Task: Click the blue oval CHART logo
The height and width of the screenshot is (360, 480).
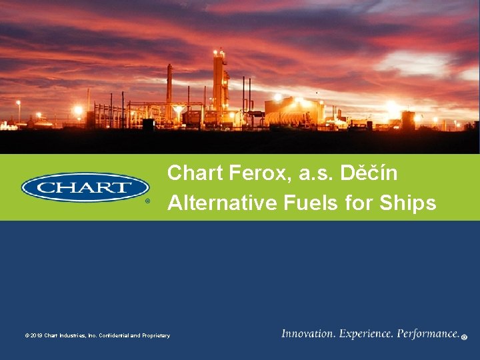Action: pos(85,187)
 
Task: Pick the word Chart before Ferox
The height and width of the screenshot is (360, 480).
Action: pos(195,173)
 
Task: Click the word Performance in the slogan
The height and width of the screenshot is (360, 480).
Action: pos(428,334)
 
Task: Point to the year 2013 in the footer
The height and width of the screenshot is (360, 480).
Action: pos(36,336)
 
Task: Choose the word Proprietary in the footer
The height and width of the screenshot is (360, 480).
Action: pos(156,336)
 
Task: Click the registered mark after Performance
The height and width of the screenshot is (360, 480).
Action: pos(464,337)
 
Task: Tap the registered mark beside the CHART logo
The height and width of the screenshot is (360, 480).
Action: pos(148,200)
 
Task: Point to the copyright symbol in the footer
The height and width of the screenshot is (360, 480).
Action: pos(27,336)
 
